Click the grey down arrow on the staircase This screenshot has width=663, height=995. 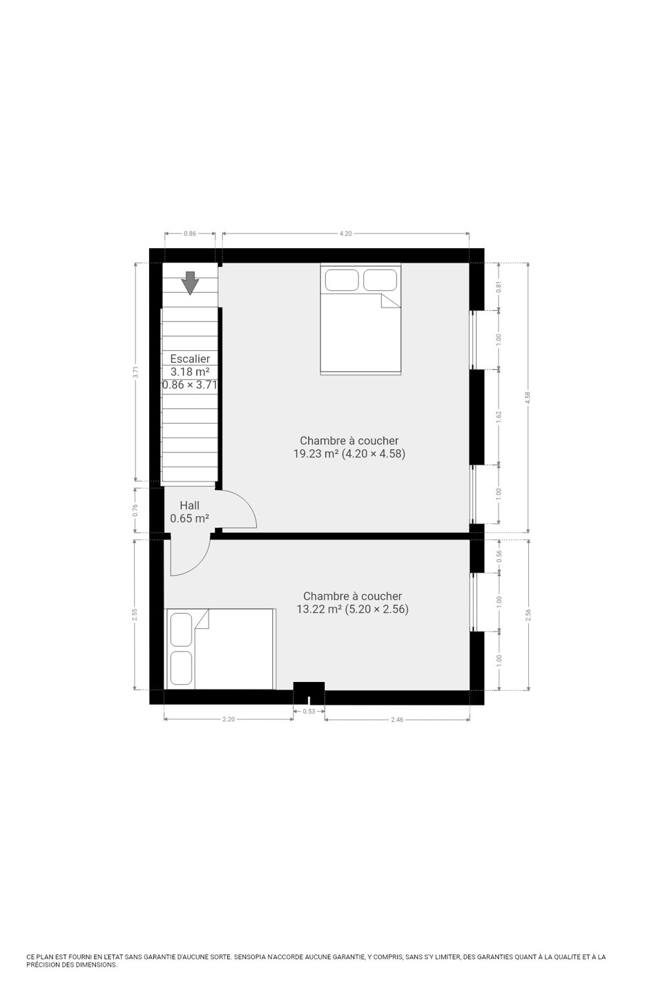[x=190, y=283]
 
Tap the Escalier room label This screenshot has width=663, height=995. [x=190, y=359]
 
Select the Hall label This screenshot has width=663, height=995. [x=189, y=505]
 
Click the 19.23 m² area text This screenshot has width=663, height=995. [x=316, y=453]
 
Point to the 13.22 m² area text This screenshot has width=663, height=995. [x=319, y=609]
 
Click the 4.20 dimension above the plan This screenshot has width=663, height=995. [x=345, y=234]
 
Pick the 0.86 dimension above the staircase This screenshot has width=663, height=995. [x=190, y=234]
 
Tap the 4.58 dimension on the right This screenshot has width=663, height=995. [x=528, y=397]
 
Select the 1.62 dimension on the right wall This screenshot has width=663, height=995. [x=498, y=416]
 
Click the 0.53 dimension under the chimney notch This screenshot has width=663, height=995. [x=309, y=711]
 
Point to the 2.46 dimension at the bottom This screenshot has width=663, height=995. [x=396, y=719]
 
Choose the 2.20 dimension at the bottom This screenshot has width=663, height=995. [x=229, y=719]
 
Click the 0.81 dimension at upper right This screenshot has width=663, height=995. [x=498, y=287]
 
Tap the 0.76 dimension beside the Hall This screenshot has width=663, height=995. [x=135, y=510]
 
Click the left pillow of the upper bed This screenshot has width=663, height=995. [x=341, y=281]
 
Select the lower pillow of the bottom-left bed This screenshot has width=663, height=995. [x=181, y=668]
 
